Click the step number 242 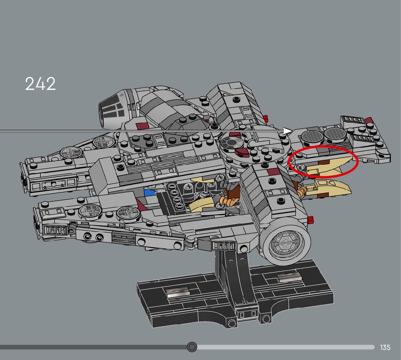coord(40,84)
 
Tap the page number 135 coord(385,347)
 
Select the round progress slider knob coord(192,347)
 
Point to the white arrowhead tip coord(292,131)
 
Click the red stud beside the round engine coord(310,220)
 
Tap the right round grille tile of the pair coord(335,134)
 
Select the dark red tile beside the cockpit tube coord(142,126)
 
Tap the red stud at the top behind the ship coord(265,118)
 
